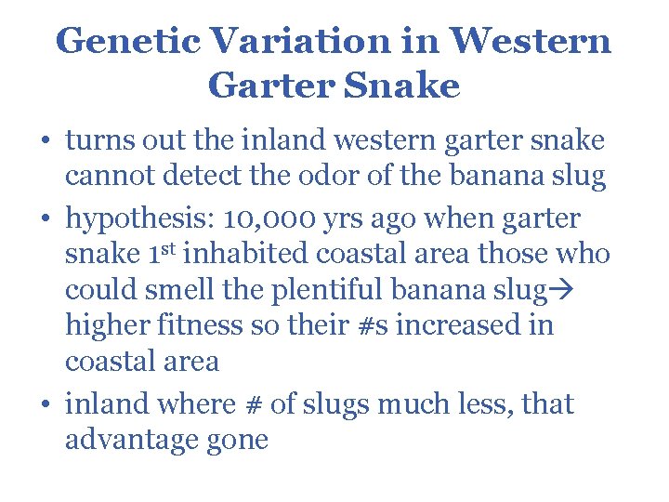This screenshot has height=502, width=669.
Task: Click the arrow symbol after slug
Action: pos(559,290)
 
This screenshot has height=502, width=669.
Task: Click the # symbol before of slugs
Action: pos(247,404)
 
